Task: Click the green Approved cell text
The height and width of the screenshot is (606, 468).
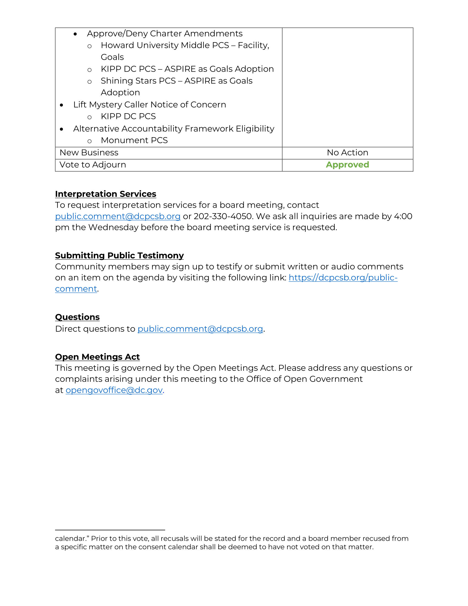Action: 347,165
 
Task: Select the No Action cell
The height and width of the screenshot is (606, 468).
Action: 347,153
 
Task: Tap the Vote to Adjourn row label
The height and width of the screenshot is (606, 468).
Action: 92,165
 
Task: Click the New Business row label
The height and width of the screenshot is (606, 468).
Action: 89,153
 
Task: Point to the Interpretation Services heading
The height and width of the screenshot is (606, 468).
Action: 105,194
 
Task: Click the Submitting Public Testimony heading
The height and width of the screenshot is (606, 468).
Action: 119,256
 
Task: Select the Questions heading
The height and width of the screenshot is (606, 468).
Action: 77,317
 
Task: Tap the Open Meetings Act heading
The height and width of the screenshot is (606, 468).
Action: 97,357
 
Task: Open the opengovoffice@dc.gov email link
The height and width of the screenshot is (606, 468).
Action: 114,390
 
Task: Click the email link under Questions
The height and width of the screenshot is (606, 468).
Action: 200,329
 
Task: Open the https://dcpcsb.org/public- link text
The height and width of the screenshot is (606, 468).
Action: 343,278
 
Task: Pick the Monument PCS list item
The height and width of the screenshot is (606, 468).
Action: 134,140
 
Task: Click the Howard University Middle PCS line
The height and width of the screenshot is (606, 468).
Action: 185,45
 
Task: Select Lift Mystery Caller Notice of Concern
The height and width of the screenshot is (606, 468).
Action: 149,105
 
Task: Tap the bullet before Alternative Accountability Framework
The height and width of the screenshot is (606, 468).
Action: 62,129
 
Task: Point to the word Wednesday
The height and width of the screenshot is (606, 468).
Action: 113,228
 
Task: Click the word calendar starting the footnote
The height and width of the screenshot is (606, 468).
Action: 70,539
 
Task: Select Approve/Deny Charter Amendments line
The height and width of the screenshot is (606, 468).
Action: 164,34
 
